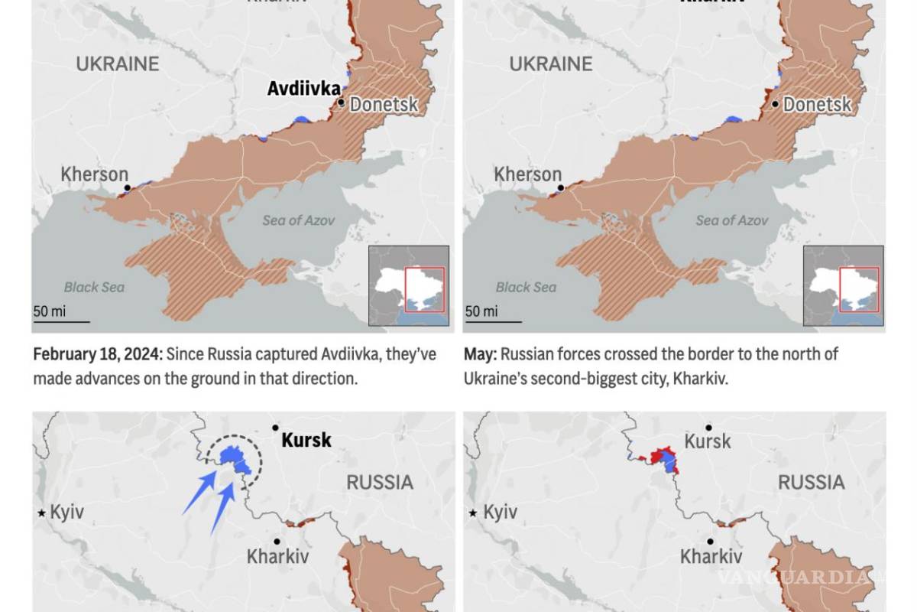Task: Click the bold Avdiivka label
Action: (303, 89)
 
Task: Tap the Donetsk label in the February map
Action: (384, 104)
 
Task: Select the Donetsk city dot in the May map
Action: (776, 104)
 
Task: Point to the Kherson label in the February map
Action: (95, 174)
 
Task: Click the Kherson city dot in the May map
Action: (560, 187)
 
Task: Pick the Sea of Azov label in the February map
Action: (299, 220)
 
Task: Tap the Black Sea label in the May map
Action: (526, 288)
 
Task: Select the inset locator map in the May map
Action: (843, 285)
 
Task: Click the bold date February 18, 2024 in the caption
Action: (96, 354)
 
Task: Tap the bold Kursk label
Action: (306, 440)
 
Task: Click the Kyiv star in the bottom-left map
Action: (41, 513)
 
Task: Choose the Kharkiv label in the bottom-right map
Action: (711, 557)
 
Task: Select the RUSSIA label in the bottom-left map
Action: (380, 482)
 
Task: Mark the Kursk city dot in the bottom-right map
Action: (709, 428)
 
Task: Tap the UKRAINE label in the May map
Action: (551, 64)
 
